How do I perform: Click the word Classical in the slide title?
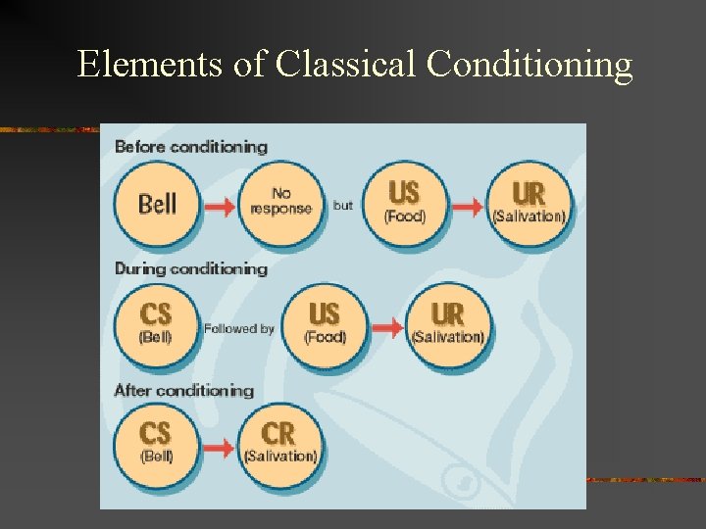tap(345, 65)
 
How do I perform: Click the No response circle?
tap(280, 203)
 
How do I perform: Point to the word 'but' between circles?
tap(343, 206)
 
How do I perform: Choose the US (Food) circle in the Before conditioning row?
tap(405, 203)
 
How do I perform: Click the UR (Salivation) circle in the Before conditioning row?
tap(529, 203)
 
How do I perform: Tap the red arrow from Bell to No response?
tap(220, 206)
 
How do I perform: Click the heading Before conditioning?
tap(191, 147)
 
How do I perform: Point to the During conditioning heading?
tap(191, 268)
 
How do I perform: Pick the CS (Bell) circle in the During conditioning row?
tap(156, 323)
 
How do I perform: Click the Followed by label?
tap(239, 329)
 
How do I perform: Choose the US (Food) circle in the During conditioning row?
tap(325, 323)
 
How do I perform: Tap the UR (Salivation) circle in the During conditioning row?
tap(448, 323)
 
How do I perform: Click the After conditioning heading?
tap(184, 390)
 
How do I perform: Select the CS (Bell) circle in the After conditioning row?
tap(156, 444)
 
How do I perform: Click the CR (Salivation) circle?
tap(280, 444)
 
